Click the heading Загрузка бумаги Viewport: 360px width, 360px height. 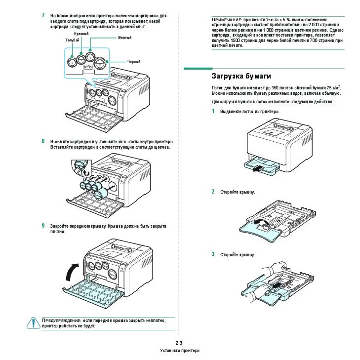[x=241, y=76]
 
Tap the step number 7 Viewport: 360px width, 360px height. [x=44, y=16]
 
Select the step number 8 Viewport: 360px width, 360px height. [x=44, y=141]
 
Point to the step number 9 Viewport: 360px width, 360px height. [x=44, y=226]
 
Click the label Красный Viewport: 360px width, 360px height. [x=81, y=34]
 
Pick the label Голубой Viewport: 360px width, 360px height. [x=72, y=40]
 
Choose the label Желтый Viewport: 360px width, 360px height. [x=124, y=38]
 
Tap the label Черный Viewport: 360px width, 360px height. [x=134, y=62]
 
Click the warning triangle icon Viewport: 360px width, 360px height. [x=33, y=322]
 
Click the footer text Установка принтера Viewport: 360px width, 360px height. [x=180, y=351]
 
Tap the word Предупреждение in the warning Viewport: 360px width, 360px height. [x=61, y=320]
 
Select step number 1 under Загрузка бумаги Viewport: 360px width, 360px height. [x=213, y=112]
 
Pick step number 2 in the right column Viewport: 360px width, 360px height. [x=213, y=192]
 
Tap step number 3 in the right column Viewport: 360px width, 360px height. [x=213, y=254]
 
